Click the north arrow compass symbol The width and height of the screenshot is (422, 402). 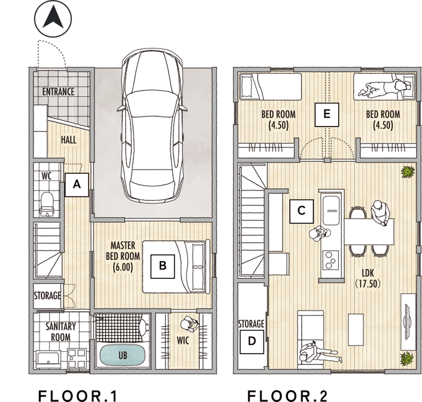point(53,19)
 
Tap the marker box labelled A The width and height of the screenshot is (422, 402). point(77,185)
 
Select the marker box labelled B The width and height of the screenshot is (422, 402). point(163,266)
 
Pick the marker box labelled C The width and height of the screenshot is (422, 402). point(302,211)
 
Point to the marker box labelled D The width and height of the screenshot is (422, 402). point(251,342)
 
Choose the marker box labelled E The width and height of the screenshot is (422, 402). point(327,115)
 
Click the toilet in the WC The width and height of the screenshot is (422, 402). point(47,204)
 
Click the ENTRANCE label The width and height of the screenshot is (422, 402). point(59,92)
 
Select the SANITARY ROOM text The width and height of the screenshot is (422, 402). point(61,332)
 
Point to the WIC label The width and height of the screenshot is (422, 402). point(183,340)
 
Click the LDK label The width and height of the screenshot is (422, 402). point(368,278)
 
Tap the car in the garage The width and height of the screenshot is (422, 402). point(151,125)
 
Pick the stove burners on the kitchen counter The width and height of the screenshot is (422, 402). point(330,260)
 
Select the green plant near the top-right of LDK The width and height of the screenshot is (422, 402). point(408,172)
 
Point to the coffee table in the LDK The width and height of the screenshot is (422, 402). point(356,330)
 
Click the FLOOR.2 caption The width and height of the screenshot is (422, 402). point(287,395)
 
